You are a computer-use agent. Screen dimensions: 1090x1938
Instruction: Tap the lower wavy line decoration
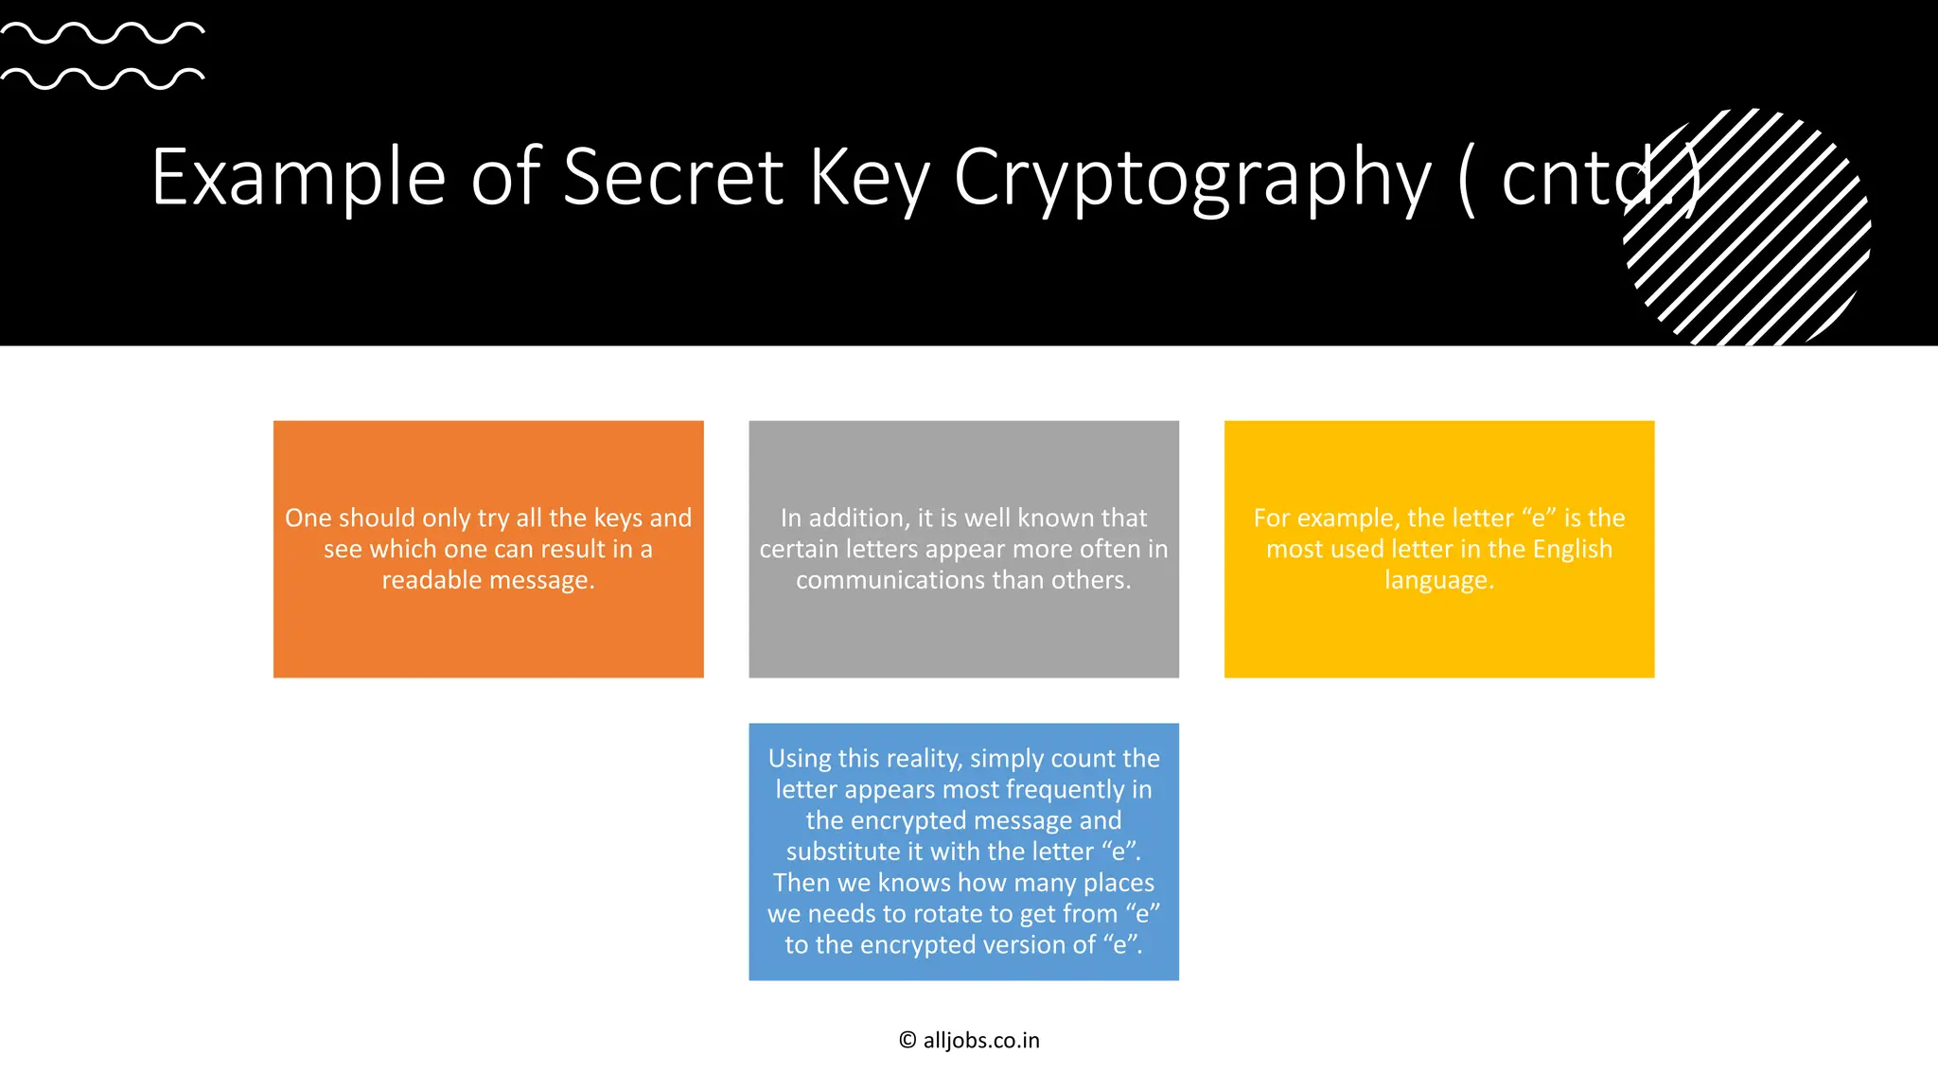coord(102,79)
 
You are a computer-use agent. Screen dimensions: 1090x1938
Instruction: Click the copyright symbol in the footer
coord(907,1041)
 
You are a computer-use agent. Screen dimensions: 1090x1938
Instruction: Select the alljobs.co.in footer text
coord(981,1041)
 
